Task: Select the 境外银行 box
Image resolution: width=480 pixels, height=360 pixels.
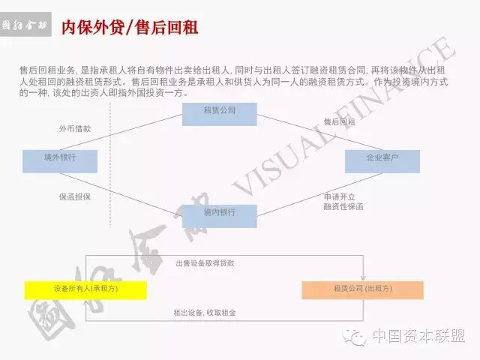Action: click(59, 160)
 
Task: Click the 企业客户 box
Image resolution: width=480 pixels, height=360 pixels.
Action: click(382, 160)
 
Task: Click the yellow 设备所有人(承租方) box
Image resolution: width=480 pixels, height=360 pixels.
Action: click(85, 289)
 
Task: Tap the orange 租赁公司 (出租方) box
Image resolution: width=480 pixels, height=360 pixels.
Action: click(362, 289)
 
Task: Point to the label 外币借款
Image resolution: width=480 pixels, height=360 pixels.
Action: click(75, 128)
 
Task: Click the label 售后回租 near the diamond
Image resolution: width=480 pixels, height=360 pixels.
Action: click(339, 121)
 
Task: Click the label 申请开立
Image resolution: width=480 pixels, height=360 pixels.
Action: click(337, 196)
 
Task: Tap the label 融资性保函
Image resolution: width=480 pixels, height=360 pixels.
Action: click(343, 206)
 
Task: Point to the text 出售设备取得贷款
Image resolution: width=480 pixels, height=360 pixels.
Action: click(205, 263)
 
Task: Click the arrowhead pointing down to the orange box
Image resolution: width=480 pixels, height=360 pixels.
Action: click(364, 277)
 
